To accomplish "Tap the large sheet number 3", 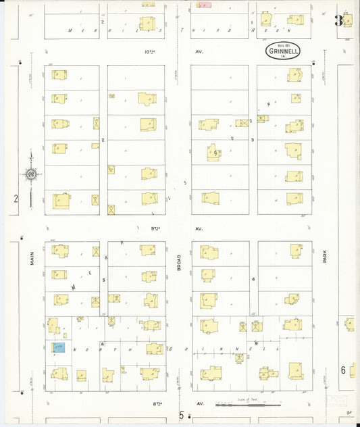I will pos(338,21).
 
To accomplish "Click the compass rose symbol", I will pos(31,174).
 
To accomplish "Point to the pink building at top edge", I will pos(204,4).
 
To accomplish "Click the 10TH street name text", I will pos(149,51).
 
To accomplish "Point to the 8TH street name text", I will pos(159,403).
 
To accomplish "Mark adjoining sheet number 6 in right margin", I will pos(343,370).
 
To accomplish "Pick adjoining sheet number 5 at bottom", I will pos(181,416).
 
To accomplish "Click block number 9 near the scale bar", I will pos(256,343).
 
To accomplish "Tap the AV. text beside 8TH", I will pos(200,403).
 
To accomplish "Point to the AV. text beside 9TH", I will pos(199,228).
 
